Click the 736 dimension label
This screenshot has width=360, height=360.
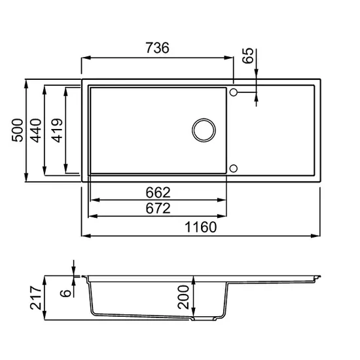158,48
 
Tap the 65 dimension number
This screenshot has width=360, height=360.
248,56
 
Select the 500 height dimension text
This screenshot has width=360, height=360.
18,130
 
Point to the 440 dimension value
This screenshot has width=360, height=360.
36,130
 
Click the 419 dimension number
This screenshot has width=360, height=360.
57,130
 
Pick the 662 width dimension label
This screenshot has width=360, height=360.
158,192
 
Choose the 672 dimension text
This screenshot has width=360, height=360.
158,208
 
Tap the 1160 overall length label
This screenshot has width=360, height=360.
200,227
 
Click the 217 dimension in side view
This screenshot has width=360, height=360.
36,298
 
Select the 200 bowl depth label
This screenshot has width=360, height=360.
183,297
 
